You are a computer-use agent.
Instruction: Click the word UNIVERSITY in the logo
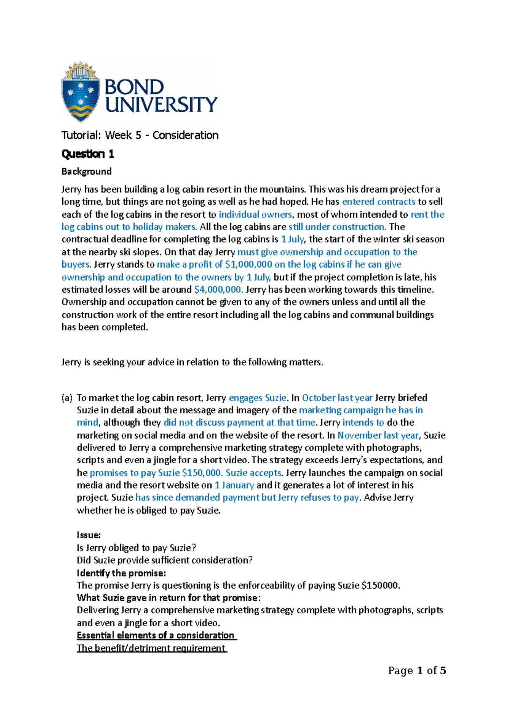point(161,105)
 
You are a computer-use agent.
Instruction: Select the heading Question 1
point(88,154)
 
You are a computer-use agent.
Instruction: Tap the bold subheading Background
point(86,171)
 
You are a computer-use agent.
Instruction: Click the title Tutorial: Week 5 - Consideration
point(140,135)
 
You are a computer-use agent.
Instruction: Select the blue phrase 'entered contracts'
point(378,202)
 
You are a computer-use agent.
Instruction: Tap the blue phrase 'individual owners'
point(255,214)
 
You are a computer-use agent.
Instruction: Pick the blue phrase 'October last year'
point(337,398)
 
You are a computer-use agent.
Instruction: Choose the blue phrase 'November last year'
point(378,435)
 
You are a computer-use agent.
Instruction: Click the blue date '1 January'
point(234,485)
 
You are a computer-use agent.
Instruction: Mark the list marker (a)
point(67,398)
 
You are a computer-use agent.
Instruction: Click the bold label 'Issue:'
point(88,535)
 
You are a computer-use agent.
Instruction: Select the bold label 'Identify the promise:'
point(121,573)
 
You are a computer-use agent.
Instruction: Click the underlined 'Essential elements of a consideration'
point(156,635)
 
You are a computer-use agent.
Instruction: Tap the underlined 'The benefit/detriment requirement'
point(151,648)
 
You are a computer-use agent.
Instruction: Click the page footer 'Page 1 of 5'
point(417,671)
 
